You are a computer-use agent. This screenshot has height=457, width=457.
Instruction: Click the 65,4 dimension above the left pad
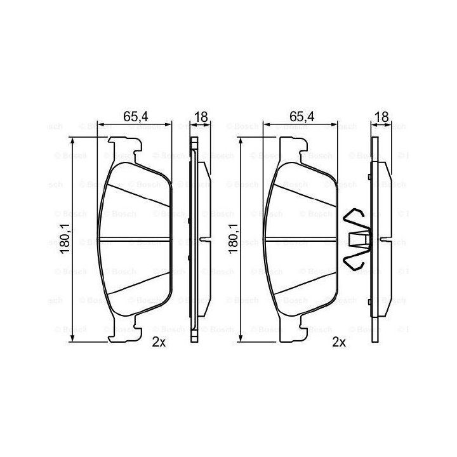(136, 117)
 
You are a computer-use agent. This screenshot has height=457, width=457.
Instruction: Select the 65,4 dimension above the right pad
(302, 117)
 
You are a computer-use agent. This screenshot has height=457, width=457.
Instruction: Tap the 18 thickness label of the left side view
(201, 117)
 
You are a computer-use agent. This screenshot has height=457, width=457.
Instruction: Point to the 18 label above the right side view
(382, 117)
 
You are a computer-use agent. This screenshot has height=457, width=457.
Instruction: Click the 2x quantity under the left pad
(159, 342)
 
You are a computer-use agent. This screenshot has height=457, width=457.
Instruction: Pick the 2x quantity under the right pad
(339, 342)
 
